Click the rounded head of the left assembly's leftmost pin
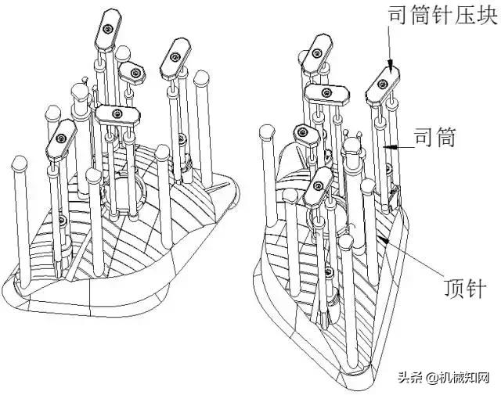18,163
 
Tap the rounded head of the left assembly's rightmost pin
202,78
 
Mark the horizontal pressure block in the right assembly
330,93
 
